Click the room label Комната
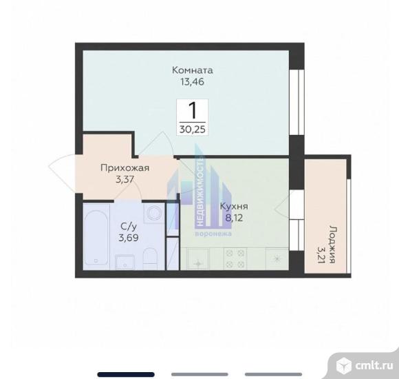pyautogui.click(x=193, y=70)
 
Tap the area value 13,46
pyautogui.click(x=193, y=82)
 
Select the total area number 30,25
pyautogui.click(x=193, y=130)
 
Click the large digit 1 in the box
pyautogui.click(x=193, y=110)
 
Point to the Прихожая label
pyautogui.click(x=125, y=168)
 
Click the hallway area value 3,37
pyautogui.click(x=125, y=180)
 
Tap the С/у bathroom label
pyautogui.click(x=129, y=226)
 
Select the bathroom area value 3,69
pyautogui.click(x=129, y=238)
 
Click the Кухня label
pyautogui.click(x=234, y=206)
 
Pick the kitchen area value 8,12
pyautogui.click(x=234, y=218)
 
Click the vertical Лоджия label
pyautogui.click(x=332, y=244)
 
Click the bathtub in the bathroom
pyautogui.click(x=96, y=238)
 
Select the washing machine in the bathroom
pyautogui.click(x=153, y=212)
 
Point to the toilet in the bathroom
pyautogui.click(x=150, y=258)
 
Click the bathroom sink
pyautogui.click(x=125, y=261)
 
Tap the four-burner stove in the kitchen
pyautogui.click(x=235, y=258)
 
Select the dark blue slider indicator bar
pyautogui.click(x=126, y=374)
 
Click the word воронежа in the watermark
pyautogui.click(x=213, y=234)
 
